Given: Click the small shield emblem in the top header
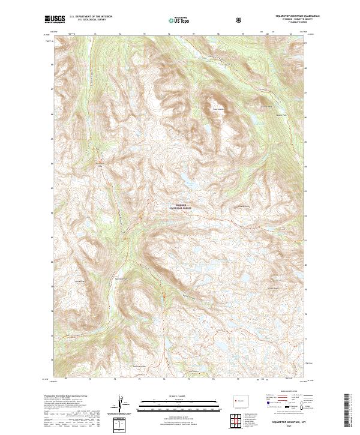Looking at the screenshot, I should point(240,20).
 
